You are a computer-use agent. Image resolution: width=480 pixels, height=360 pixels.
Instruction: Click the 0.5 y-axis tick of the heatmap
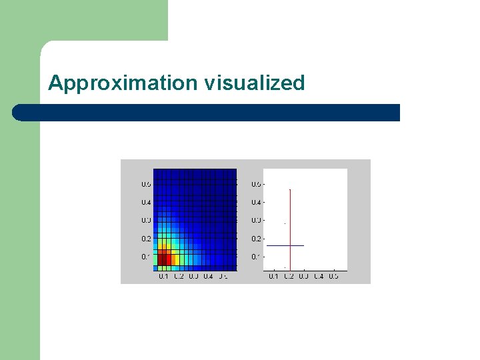145,184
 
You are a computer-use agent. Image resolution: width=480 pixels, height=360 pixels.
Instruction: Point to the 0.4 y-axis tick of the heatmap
145,202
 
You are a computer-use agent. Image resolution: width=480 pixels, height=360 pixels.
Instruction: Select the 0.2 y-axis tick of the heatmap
145,239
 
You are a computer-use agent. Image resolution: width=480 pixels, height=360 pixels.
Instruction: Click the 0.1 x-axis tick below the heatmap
163,276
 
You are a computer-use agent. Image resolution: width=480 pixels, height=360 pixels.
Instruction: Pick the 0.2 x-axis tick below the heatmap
178,276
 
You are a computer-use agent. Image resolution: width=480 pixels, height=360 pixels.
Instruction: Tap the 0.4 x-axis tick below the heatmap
208,276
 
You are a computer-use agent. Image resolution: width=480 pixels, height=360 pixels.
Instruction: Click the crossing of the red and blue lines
290,246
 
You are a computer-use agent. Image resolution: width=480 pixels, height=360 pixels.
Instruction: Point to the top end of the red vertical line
290,189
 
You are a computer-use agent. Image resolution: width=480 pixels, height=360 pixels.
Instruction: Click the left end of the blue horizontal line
266,246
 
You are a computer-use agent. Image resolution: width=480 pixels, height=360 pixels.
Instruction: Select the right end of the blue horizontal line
304,246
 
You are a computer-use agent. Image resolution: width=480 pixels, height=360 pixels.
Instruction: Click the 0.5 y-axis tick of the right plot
255,184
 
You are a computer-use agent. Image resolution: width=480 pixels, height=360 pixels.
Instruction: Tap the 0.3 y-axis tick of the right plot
255,221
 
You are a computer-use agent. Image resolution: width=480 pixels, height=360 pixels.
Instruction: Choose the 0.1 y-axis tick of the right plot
255,257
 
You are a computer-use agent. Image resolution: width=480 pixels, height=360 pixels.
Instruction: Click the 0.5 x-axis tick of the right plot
333,276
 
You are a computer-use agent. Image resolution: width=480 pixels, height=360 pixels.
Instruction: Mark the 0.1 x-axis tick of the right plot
273,276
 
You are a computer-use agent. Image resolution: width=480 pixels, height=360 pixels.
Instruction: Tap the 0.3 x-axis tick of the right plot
303,276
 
